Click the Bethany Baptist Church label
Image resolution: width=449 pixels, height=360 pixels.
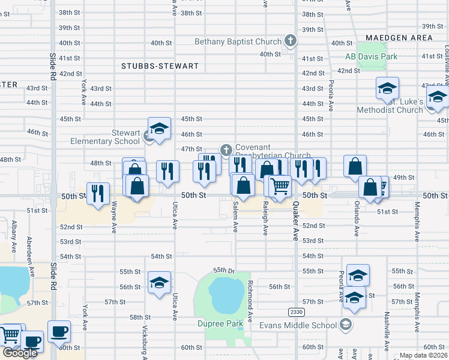(238, 42)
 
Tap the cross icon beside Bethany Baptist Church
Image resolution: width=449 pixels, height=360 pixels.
(291, 41)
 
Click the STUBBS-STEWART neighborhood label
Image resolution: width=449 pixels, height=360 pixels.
(160, 66)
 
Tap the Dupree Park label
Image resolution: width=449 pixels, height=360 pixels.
(220, 324)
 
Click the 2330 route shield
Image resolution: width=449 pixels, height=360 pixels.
(296, 312)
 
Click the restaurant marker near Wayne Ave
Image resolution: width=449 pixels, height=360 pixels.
(98, 193)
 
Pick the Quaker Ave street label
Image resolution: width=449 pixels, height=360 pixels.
(296, 221)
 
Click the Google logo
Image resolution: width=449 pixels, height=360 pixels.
(20, 353)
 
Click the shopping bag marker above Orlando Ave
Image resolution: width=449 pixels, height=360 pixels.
(355, 166)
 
